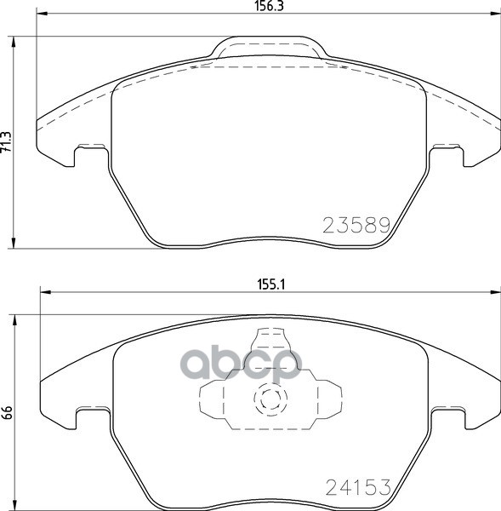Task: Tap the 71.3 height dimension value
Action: click(x=7, y=141)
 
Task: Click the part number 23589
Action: click(x=356, y=226)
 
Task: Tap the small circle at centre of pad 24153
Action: click(x=270, y=399)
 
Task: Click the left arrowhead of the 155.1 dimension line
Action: click(x=41, y=295)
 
